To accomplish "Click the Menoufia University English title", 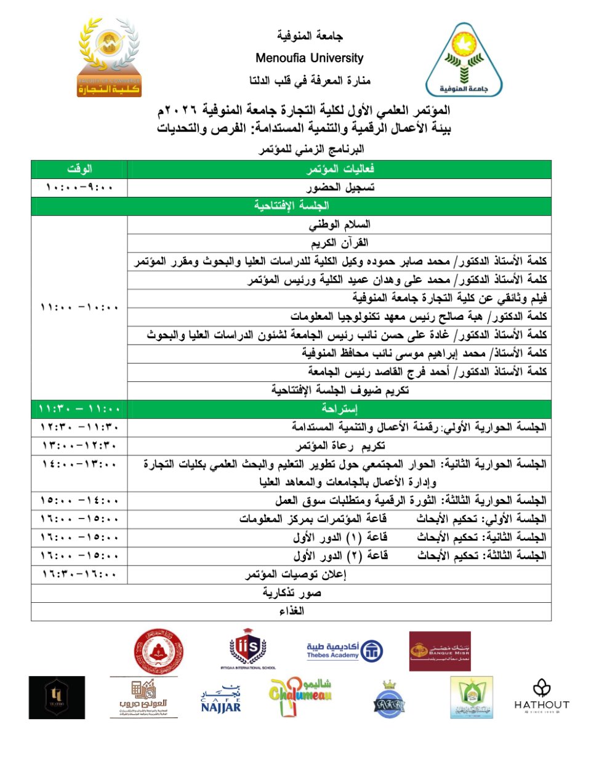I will point(309,58).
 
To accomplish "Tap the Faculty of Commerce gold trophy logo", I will point(109,58).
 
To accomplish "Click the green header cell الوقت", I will point(79,169).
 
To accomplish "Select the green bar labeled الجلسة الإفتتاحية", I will point(291,205).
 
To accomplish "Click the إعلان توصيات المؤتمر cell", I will point(295,575).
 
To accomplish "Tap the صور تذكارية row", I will point(291,593).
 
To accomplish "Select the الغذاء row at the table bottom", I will point(291,611).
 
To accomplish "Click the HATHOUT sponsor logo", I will point(541,696).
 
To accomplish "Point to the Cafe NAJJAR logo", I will point(221,699).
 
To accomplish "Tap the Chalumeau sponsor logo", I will point(300,697).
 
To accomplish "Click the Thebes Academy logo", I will point(345,651).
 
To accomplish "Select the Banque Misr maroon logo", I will point(440,651).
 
